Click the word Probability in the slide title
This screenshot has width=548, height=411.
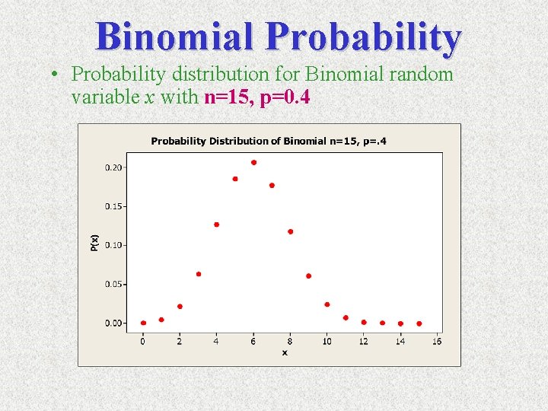(364, 37)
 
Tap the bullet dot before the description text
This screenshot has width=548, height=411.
(56, 75)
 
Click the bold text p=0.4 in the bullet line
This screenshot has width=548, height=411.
(285, 98)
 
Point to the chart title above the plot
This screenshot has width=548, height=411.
(268, 141)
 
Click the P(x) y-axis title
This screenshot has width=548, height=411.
(94, 243)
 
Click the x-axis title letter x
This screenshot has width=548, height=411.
(285, 352)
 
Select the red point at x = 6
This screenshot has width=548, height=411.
(253, 162)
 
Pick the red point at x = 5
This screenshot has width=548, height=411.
(235, 179)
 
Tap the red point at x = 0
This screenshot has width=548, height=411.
(143, 323)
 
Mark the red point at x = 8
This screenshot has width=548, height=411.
(290, 231)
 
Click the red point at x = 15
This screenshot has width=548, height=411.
(419, 323)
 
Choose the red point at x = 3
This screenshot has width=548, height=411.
(199, 274)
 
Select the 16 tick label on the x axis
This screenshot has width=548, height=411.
(437, 341)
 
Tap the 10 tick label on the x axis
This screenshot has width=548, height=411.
(327, 341)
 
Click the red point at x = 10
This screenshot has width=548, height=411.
(327, 304)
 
